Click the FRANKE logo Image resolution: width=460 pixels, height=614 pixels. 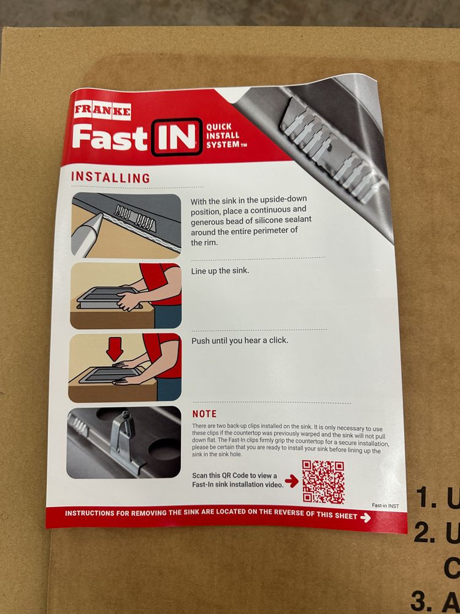102,111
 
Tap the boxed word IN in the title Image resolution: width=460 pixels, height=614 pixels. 177,137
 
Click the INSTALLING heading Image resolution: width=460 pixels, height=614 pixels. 110,177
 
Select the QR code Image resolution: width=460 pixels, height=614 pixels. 323,481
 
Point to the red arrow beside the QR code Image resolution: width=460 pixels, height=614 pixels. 292,481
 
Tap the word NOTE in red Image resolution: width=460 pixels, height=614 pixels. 204,414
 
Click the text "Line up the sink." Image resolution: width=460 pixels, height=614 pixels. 220,271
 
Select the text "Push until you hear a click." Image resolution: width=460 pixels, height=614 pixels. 240,341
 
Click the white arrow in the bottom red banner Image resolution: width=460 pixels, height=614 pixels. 366,518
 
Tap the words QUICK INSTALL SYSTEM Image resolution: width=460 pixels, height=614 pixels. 224,136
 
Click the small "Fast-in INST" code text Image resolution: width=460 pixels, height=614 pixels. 385,505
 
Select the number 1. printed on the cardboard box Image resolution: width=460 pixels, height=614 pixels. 426,498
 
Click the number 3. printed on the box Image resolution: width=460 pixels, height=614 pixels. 422,601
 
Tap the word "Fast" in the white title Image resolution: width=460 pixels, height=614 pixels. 110,138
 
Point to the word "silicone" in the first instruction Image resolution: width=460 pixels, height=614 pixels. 262,220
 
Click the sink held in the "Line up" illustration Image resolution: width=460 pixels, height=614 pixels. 106,298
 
